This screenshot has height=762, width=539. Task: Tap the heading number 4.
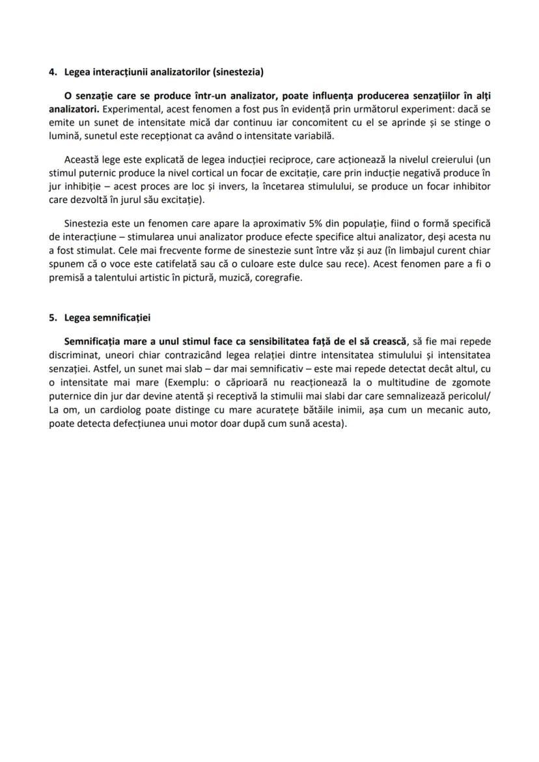pos(52,71)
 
